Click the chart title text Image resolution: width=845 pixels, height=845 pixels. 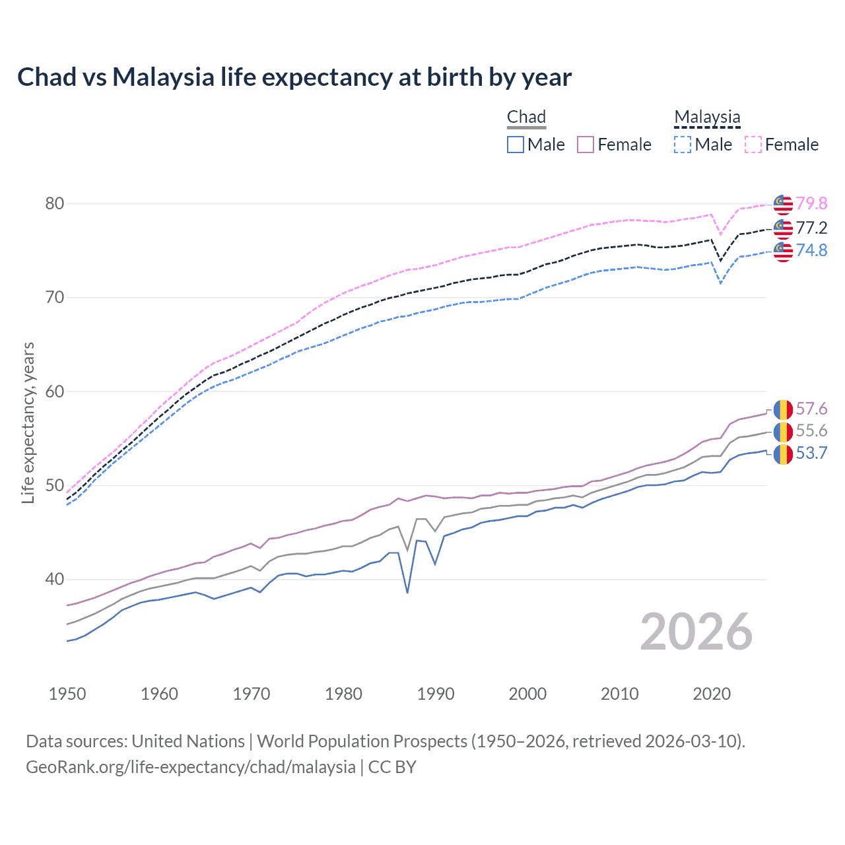point(294,77)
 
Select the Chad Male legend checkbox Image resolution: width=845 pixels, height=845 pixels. point(516,145)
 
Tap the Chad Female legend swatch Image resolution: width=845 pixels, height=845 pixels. point(586,145)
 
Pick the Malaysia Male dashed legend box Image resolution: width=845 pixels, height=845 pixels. point(683,145)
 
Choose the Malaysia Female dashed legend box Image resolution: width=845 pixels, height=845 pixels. point(753,145)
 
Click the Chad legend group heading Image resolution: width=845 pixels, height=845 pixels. point(526,117)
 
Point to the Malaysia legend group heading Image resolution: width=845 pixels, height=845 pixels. point(707,117)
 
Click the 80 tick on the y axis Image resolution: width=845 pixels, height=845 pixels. point(55,203)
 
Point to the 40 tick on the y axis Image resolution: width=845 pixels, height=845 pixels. point(55,580)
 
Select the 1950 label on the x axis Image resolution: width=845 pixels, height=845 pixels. point(67,694)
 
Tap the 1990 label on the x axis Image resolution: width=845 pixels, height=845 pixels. point(436,694)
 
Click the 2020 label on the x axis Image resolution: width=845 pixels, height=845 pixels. point(712,694)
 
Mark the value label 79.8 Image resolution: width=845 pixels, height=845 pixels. point(811,203)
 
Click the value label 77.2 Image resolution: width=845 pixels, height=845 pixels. point(811,228)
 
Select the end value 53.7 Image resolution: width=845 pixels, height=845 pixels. point(811,453)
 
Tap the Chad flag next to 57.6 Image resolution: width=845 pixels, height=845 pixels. point(783,409)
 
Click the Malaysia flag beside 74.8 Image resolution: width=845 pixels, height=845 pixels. point(783,252)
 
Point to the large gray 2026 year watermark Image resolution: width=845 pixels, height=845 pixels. point(696,632)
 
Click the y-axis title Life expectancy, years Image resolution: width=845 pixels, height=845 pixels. point(28,422)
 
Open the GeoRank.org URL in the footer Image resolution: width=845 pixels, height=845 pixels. point(191,767)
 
